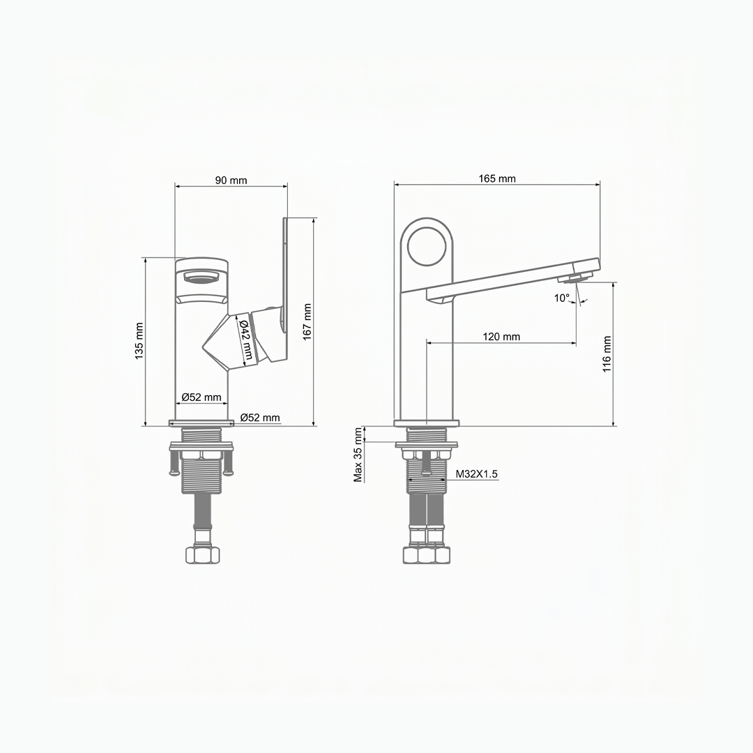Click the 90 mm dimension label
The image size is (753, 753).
click(x=231, y=181)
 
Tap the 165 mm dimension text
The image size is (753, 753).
click(x=497, y=178)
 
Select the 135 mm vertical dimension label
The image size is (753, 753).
click(x=139, y=341)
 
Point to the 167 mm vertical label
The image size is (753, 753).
click(x=307, y=321)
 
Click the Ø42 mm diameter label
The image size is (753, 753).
click(x=246, y=340)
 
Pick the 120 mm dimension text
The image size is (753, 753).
click(x=501, y=337)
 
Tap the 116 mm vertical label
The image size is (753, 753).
click(x=607, y=354)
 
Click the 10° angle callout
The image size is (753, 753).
click(x=561, y=298)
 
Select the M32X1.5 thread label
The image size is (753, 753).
click(x=476, y=474)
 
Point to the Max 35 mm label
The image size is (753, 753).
click(x=358, y=455)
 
